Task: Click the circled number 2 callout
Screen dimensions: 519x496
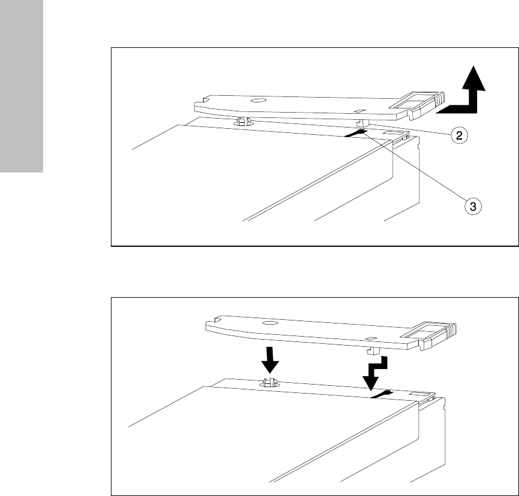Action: point(459,135)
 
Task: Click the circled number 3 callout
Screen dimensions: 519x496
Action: point(473,207)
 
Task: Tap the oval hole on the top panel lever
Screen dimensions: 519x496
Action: point(258,100)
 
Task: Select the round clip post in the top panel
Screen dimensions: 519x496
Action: point(243,122)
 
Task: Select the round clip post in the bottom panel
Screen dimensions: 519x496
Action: point(270,383)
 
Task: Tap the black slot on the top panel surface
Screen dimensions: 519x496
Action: point(355,133)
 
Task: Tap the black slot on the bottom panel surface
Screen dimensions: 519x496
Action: point(382,394)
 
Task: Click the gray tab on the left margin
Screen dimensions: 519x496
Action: point(22,86)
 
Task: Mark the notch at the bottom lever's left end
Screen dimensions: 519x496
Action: point(218,320)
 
